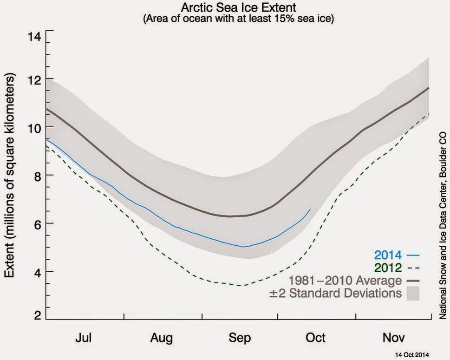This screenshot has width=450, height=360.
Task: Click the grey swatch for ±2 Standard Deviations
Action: (412, 294)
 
